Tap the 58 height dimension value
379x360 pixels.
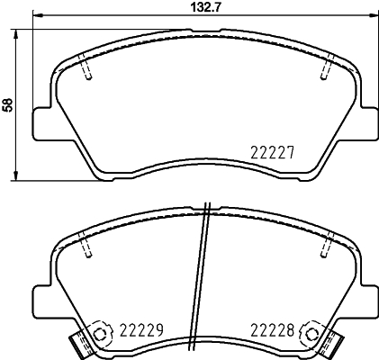(x=9, y=104)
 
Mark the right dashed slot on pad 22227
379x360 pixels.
(x=328, y=68)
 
